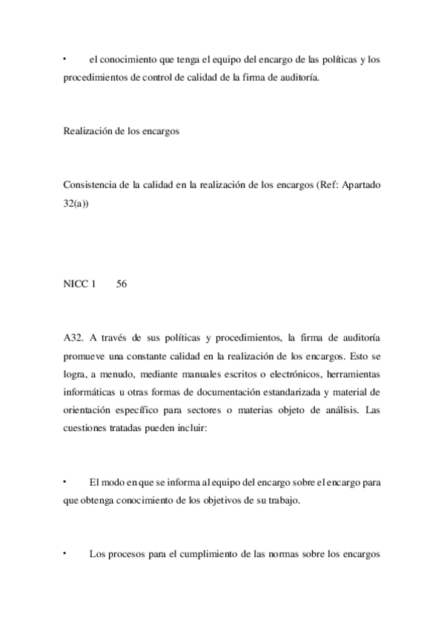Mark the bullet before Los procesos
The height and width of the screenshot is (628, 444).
(x=65, y=552)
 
